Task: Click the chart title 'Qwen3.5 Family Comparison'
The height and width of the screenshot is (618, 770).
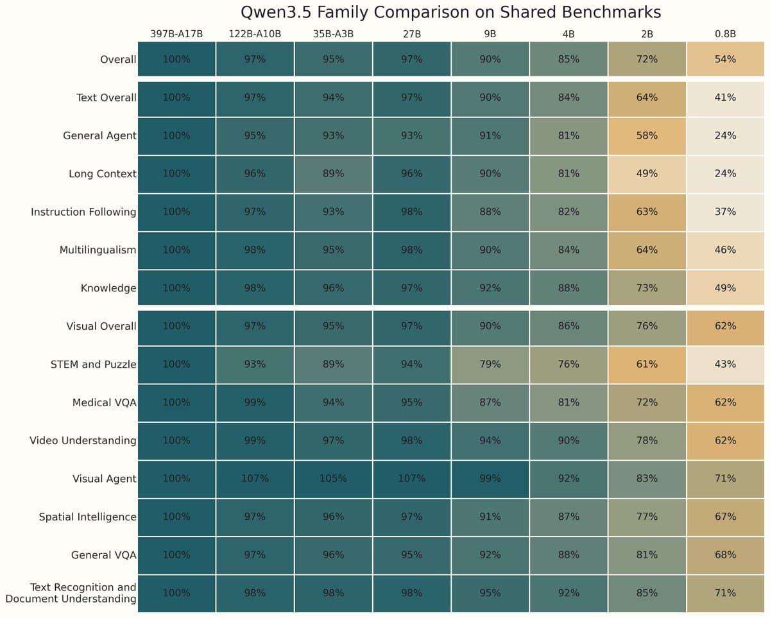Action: [450, 12]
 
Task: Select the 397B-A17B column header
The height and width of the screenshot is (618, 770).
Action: [176, 34]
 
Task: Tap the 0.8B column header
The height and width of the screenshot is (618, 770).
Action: [725, 34]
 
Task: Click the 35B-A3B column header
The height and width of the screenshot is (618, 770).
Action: [333, 34]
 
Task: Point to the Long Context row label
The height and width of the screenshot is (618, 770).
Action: [102, 174]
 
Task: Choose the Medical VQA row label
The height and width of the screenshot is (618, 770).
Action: [104, 402]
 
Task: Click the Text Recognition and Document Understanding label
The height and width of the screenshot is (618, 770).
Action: [71, 593]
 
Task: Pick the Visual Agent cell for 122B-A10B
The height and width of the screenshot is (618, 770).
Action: [255, 479]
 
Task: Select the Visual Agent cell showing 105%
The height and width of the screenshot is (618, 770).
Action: [333, 479]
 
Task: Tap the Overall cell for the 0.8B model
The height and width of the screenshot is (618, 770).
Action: [725, 59]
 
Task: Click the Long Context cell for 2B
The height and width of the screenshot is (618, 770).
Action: [647, 174]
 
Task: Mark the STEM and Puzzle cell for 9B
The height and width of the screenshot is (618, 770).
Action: [490, 365]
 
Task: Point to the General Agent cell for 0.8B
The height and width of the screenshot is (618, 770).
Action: [725, 135]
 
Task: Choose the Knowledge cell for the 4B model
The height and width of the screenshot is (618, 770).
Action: [569, 288]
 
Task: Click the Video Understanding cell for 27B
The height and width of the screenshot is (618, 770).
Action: [411, 440]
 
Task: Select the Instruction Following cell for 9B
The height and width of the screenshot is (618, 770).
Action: [490, 212]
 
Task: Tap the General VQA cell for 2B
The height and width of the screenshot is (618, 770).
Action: [647, 555]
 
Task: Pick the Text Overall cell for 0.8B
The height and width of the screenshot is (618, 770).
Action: [725, 98]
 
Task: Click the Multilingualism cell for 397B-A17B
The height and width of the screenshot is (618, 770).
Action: [176, 250]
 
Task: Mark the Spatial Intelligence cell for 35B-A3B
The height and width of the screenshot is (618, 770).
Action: [333, 517]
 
